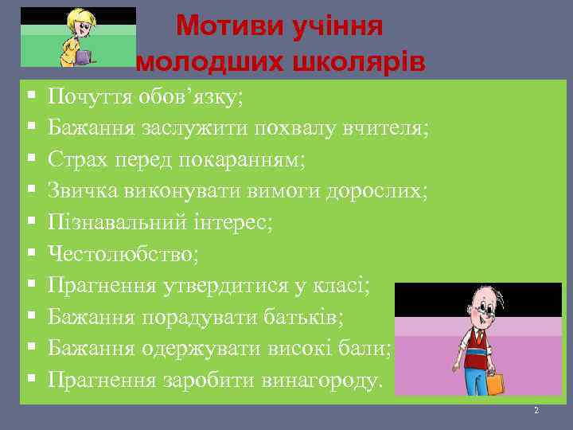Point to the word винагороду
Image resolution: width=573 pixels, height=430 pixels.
pyautogui.click(x=322, y=380)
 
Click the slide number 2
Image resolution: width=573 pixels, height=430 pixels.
pyautogui.click(x=536, y=411)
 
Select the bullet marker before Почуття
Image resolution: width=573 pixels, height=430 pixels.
pyautogui.click(x=29, y=97)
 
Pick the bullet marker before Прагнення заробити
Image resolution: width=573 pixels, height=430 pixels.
pyautogui.click(x=29, y=380)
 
